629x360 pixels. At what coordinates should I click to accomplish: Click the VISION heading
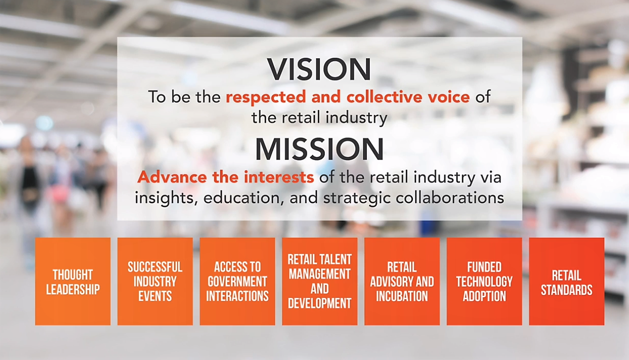[x=319, y=69]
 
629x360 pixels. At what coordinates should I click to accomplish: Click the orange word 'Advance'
[x=172, y=177]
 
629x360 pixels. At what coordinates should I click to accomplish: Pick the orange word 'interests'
[x=278, y=177]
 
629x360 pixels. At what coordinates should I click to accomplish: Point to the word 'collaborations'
[x=450, y=197]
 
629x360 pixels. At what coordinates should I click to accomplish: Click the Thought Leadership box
[x=73, y=282]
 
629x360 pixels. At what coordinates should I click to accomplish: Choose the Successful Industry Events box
[x=155, y=282]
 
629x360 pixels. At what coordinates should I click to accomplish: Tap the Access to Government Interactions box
[x=237, y=282]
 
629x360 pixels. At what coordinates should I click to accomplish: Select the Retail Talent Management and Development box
[x=320, y=282]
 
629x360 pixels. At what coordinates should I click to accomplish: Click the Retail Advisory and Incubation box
[x=402, y=282]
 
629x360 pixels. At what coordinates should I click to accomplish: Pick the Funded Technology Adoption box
[x=484, y=282]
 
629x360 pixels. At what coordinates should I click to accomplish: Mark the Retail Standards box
[x=567, y=282]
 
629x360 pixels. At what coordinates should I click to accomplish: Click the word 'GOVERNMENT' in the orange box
[x=237, y=282]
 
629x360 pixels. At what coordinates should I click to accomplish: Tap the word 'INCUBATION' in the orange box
[x=402, y=296]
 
